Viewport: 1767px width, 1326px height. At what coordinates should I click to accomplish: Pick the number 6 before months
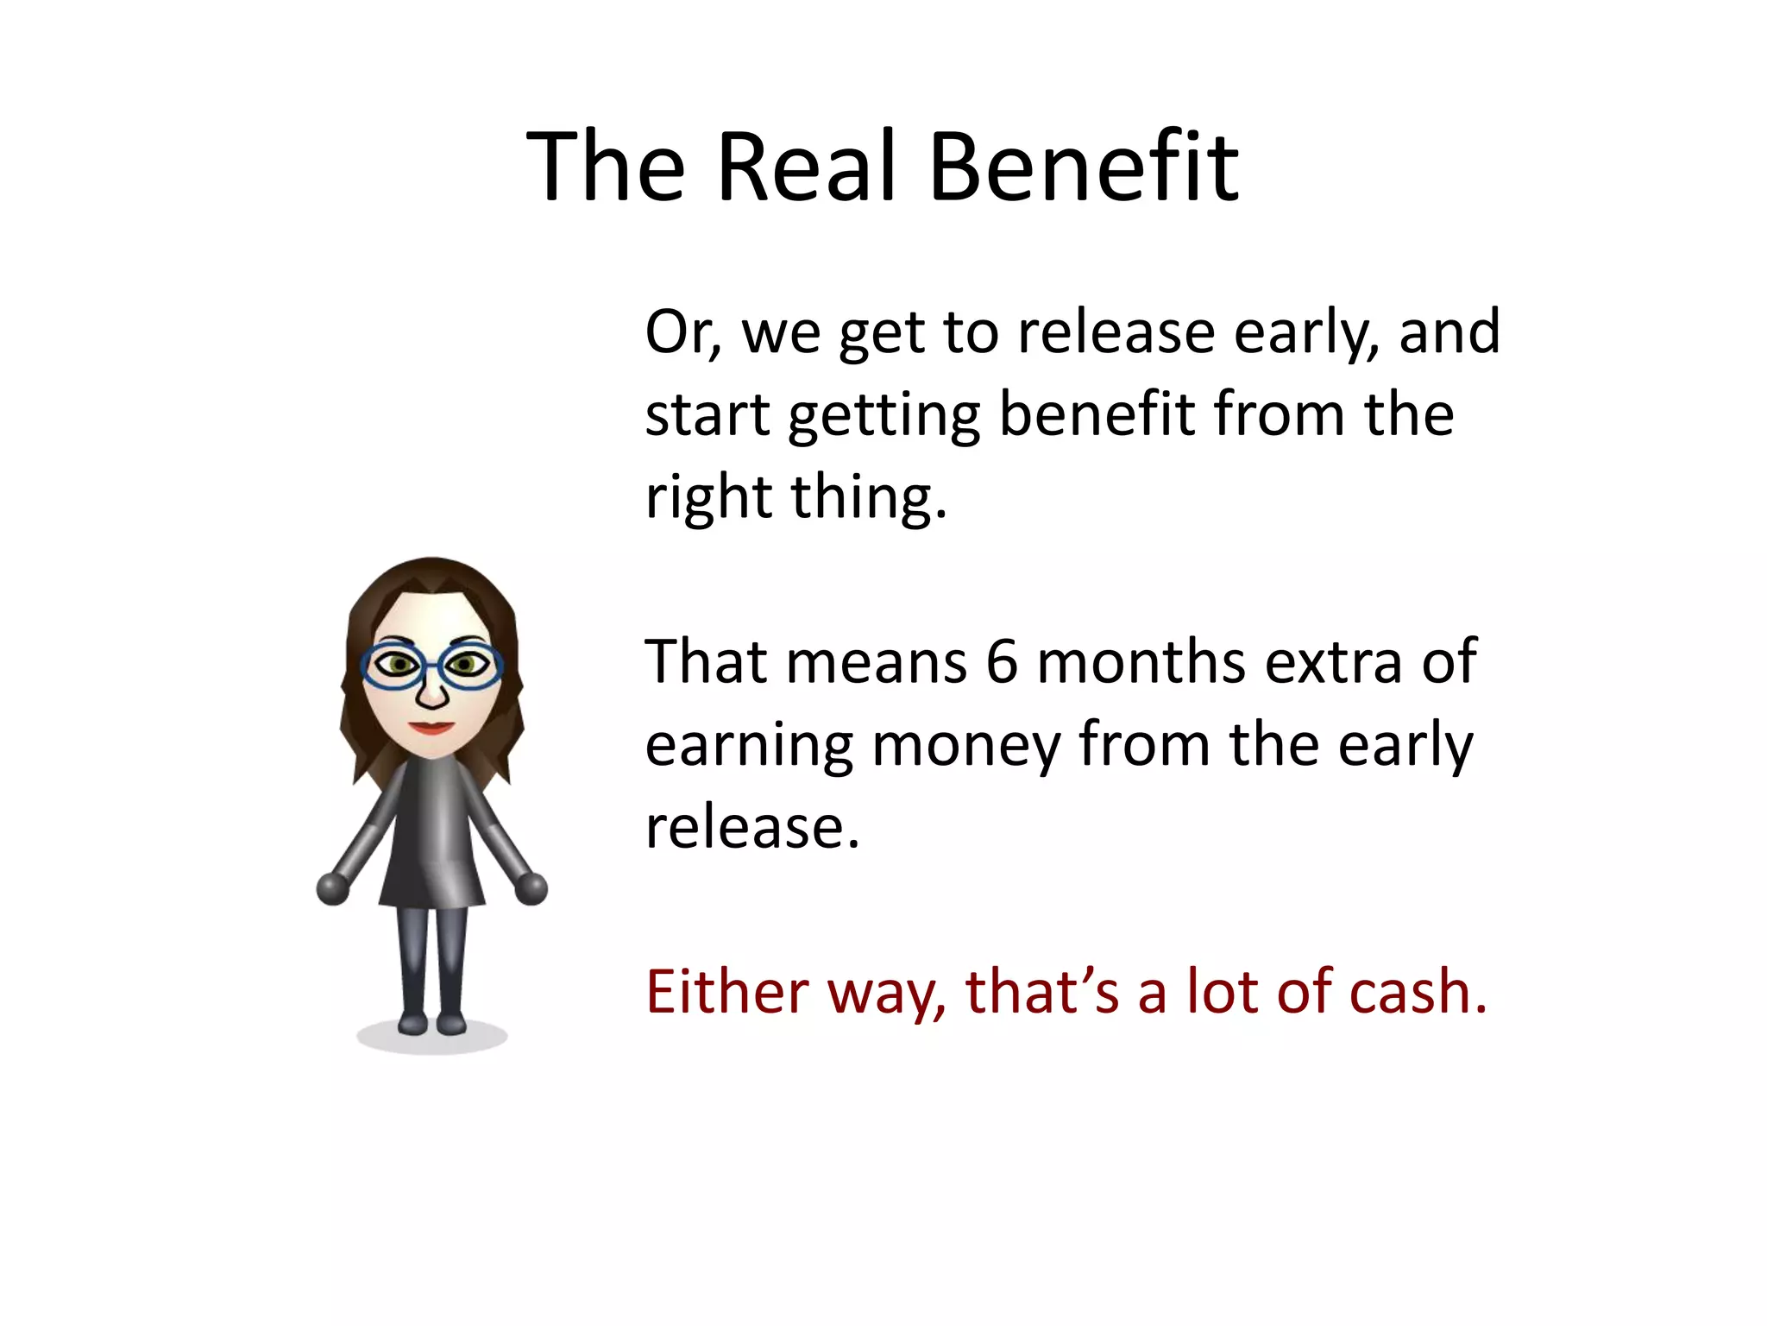(x=1002, y=662)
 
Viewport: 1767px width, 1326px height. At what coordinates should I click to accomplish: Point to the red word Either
(x=726, y=992)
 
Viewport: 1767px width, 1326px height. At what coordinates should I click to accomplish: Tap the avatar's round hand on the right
(x=531, y=888)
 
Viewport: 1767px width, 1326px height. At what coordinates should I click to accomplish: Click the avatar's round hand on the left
(x=333, y=888)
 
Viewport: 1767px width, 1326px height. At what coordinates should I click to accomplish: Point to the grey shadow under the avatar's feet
(x=431, y=1039)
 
